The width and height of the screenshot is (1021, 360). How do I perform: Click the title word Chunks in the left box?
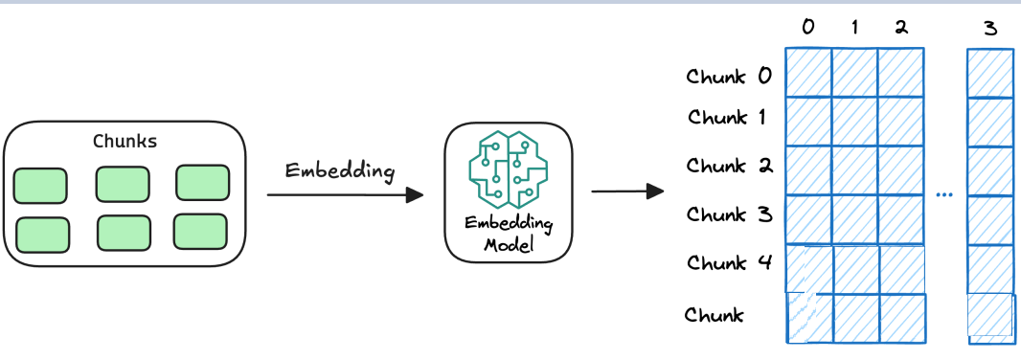pyautogui.click(x=125, y=142)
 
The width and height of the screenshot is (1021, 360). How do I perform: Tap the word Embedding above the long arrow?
pyautogui.click(x=340, y=171)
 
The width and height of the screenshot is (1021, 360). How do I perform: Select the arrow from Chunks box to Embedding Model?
pyautogui.click(x=345, y=195)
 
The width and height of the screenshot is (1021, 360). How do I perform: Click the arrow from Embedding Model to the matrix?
pyautogui.click(x=627, y=191)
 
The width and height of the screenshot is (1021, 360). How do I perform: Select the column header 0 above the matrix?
pyautogui.click(x=808, y=28)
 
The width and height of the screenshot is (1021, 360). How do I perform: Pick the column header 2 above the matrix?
pyautogui.click(x=900, y=28)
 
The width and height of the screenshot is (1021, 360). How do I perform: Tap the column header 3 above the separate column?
pyautogui.click(x=989, y=28)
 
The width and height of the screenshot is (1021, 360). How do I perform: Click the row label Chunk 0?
pyautogui.click(x=729, y=76)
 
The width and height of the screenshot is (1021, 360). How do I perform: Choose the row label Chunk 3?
pyautogui.click(x=729, y=214)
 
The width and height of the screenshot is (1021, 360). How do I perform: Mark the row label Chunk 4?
pyautogui.click(x=729, y=261)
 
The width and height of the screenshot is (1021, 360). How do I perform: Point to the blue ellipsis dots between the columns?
pyautogui.click(x=945, y=194)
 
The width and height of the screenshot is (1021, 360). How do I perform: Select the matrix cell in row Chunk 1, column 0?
pyautogui.click(x=808, y=121)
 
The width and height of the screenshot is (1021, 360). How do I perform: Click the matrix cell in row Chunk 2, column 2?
pyautogui.click(x=901, y=170)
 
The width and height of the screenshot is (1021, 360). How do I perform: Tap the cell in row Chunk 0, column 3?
pyautogui.click(x=989, y=74)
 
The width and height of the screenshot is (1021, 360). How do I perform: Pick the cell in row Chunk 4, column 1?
pyautogui.click(x=855, y=269)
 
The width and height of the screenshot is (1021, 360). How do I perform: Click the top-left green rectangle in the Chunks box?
pyautogui.click(x=40, y=185)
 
